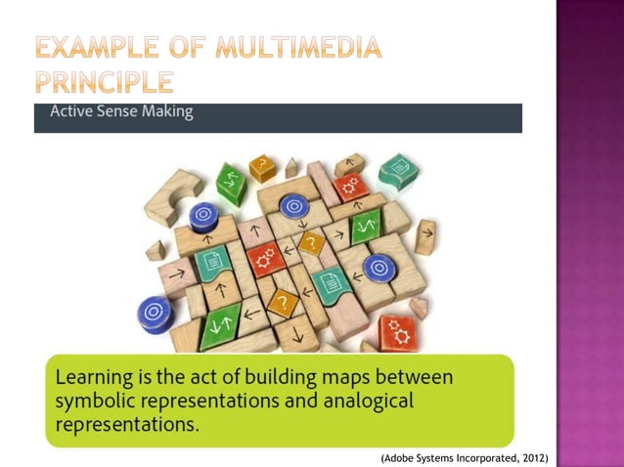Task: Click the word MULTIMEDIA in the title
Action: click(x=293, y=46)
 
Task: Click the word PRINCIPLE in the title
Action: click(x=104, y=80)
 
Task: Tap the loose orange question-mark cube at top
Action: click(x=262, y=168)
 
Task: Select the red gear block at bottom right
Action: click(x=397, y=331)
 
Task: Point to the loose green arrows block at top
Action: click(x=231, y=183)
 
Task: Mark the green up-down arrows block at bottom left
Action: click(x=218, y=327)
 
